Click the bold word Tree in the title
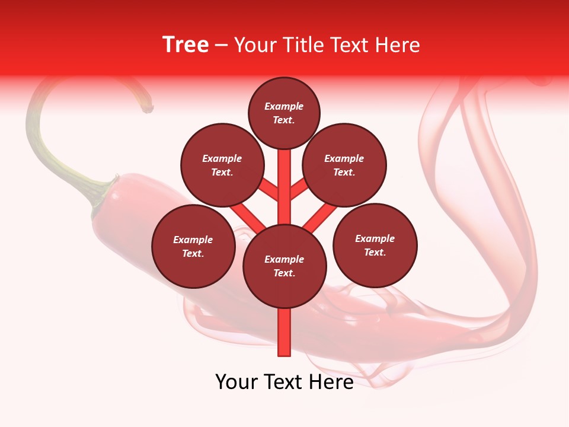(186, 45)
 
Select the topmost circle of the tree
(284, 113)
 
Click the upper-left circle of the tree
(222, 165)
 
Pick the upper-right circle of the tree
(344, 165)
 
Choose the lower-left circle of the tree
(193, 246)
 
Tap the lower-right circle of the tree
(375, 245)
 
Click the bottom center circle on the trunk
(284, 266)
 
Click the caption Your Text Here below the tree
(284, 382)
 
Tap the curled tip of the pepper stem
(148, 109)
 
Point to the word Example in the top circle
(284, 106)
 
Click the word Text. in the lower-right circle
(375, 252)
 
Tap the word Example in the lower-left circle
(193, 240)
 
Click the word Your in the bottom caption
(236, 382)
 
